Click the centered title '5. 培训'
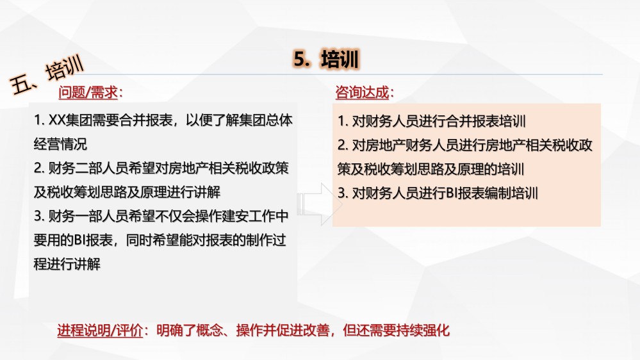point(326,60)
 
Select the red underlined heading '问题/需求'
point(88,93)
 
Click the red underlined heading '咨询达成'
point(362,93)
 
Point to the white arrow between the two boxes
point(320,204)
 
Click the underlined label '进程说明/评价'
point(100,330)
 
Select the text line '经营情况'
point(60,144)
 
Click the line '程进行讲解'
point(67,264)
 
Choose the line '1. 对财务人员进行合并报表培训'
point(431,121)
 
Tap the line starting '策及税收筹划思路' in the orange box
point(431,169)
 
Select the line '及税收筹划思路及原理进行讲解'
point(127,192)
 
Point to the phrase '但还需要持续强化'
point(397,330)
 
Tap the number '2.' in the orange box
point(343,145)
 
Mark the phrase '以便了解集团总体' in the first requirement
point(239,120)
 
